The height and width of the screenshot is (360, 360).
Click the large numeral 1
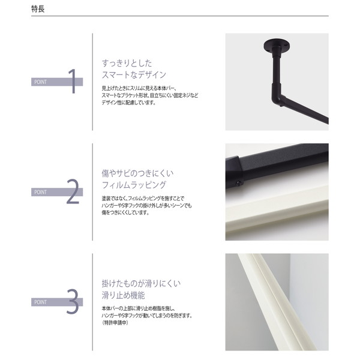point(73,82)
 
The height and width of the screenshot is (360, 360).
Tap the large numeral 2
point(73,191)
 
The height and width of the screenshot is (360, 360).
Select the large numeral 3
point(73,302)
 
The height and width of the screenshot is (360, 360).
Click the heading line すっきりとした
point(127,62)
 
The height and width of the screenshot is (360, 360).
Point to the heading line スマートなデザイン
point(134,75)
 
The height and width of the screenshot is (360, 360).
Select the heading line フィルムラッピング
point(134,185)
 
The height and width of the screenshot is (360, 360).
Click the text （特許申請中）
point(119,323)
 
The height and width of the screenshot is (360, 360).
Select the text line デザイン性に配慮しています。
point(129,102)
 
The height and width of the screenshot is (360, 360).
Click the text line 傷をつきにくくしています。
point(127,212)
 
